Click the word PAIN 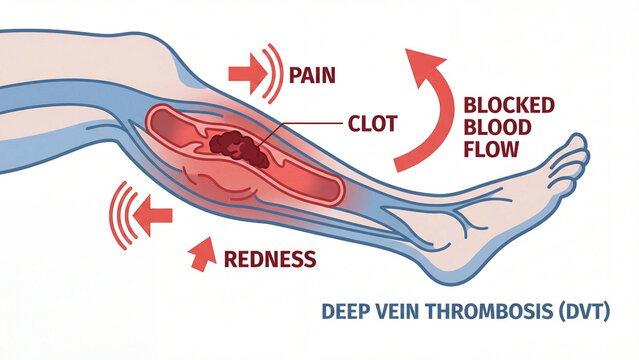coord(311,75)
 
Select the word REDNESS coord(269,260)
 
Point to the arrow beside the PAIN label coord(243,74)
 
